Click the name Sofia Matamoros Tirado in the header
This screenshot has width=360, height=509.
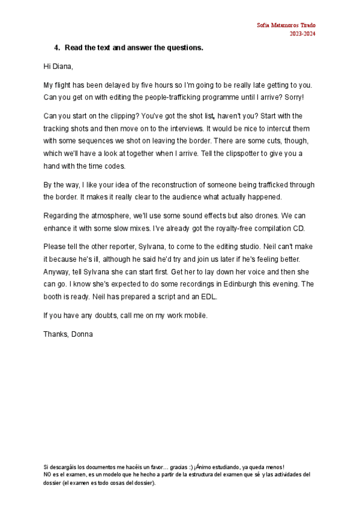click(286, 25)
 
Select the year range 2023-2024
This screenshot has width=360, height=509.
click(302, 34)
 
